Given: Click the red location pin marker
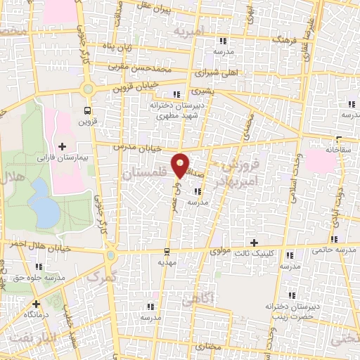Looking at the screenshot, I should point(181,165).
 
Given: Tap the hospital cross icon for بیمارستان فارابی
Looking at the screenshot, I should point(63,146).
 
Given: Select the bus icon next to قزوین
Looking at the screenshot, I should point(87,110).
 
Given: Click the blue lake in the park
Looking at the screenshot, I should point(44,204).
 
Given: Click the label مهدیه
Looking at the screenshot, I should point(166,262).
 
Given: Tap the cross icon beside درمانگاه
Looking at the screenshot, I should point(36,304).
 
